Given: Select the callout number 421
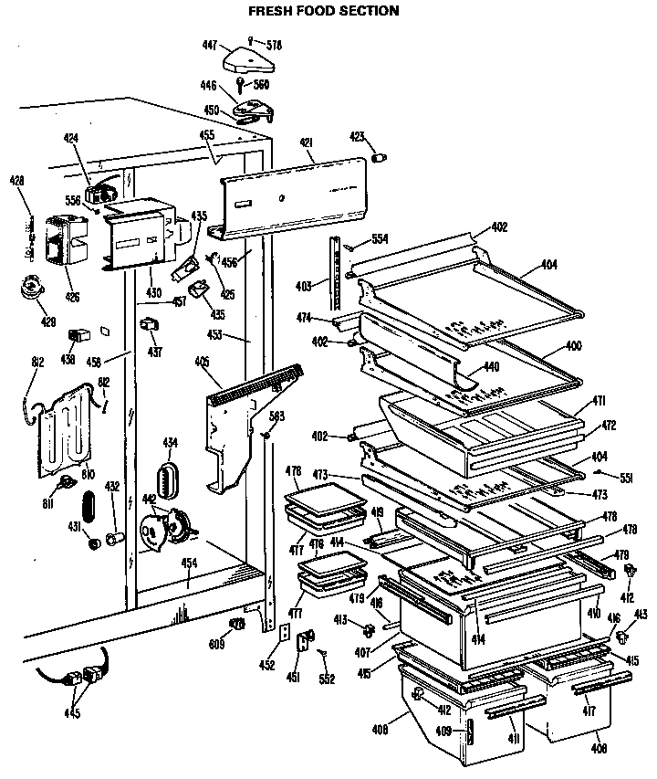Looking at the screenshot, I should (307, 142).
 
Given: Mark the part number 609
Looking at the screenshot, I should (216, 644).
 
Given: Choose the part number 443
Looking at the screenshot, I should (640, 614).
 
